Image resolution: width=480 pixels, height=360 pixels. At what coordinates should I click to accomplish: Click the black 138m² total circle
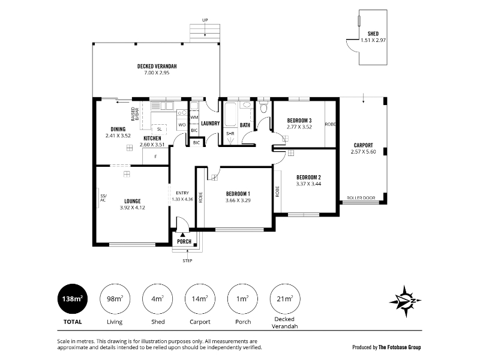pos(73,299)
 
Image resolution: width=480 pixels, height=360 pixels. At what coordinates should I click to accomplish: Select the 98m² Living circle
pos(115,299)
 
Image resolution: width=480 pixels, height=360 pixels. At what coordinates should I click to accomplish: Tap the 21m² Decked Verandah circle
pos(285,299)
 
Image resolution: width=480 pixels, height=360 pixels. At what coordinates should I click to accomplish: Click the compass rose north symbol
pos(406,301)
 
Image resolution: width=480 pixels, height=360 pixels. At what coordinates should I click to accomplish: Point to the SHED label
pos(373,34)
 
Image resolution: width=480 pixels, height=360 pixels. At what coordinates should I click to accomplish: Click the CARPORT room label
pos(364,145)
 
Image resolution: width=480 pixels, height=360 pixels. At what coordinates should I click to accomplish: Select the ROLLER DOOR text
pos(361,198)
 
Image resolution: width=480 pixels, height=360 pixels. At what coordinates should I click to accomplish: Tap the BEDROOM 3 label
pos(299,121)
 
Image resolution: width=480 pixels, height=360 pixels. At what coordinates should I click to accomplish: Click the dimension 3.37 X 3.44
pos(308,184)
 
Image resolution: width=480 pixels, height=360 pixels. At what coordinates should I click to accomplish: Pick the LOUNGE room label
pos(132,201)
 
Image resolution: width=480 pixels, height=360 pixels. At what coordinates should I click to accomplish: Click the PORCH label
pos(184,242)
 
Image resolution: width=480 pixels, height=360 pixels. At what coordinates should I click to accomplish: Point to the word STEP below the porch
pos(187,261)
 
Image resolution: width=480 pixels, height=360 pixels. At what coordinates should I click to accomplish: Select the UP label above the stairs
pos(205,20)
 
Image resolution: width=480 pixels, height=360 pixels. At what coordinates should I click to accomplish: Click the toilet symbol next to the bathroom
pos(263,107)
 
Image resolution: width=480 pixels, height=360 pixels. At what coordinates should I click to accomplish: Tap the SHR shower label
pos(230,134)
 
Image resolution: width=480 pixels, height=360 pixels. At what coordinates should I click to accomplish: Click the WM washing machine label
pos(194,117)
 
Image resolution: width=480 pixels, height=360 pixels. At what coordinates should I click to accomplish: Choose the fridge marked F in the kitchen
pos(155,157)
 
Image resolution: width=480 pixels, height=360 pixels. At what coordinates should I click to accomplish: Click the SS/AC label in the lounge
pos(103,198)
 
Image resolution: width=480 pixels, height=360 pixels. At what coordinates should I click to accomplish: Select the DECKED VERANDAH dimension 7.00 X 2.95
pos(157,73)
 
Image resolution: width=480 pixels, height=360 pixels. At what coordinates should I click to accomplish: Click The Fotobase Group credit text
pos(400,347)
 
